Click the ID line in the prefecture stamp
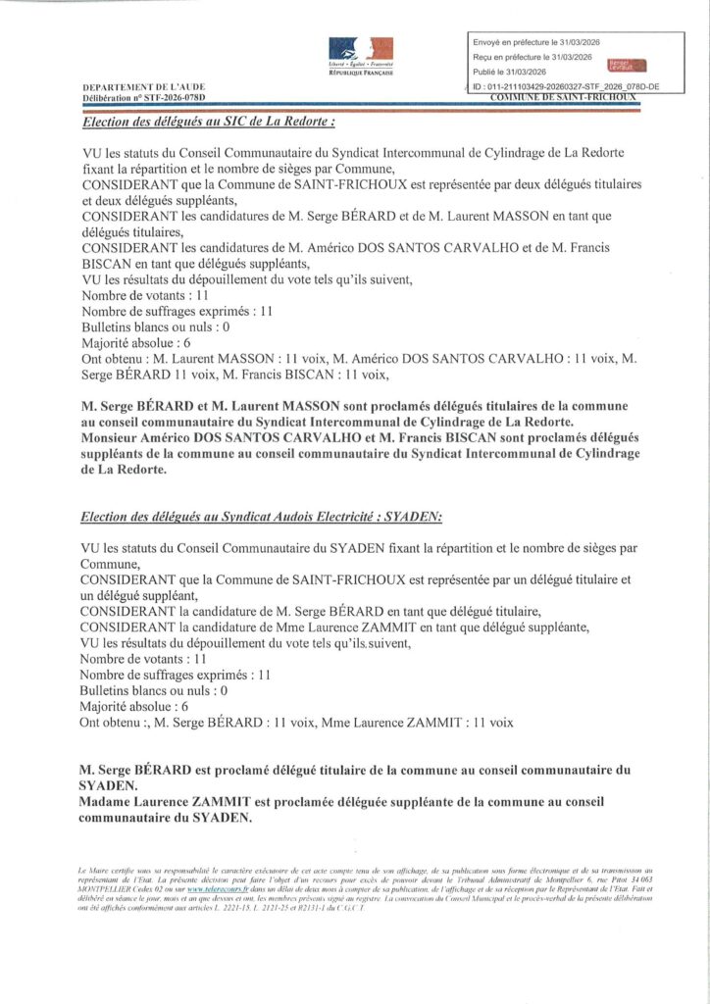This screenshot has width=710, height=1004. coord(566,86)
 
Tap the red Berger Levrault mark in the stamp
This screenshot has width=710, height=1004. coord(622,65)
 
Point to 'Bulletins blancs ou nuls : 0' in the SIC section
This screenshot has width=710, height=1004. coord(155,326)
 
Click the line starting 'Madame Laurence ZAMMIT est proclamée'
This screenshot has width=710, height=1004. coord(341,801)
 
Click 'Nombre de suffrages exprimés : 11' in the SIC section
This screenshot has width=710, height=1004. coord(176,311)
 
